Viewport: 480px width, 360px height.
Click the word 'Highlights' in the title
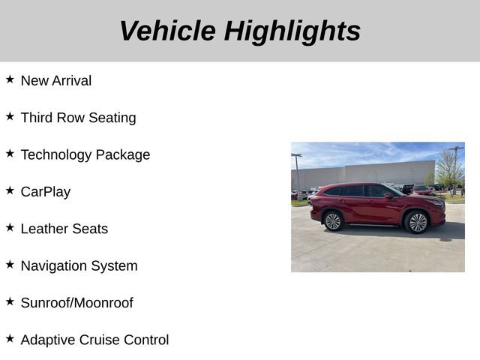click(292, 31)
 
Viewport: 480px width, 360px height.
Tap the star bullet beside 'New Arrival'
click(10, 79)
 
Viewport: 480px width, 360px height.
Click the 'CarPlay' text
click(46, 191)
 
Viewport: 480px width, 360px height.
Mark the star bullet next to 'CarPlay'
click(10, 190)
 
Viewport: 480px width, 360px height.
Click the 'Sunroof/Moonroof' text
click(76, 303)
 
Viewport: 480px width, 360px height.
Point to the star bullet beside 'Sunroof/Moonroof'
click(10, 301)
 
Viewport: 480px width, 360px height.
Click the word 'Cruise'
click(102, 340)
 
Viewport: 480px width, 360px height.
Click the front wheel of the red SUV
click(417, 222)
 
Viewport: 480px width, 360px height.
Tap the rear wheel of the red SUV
click(333, 220)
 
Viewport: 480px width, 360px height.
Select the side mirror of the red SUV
click(388, 196)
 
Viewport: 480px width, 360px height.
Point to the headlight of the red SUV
click(438, 202)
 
